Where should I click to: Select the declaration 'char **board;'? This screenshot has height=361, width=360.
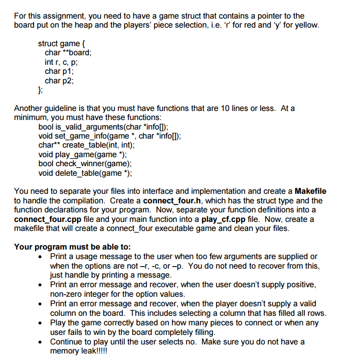point(68,53)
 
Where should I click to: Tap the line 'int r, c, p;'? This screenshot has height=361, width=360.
point(61,62)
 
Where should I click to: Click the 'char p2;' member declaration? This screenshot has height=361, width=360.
point(59,80)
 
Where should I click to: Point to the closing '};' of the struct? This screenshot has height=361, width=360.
point(41,90)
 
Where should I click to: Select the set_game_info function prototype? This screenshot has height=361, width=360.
point(109,136)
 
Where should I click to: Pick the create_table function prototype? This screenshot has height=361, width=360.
point(86,145)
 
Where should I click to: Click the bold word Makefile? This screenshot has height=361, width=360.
point(310,191)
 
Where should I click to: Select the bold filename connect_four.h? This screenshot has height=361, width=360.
point(172,200)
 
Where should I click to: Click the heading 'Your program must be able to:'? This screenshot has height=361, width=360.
point(72,247)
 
